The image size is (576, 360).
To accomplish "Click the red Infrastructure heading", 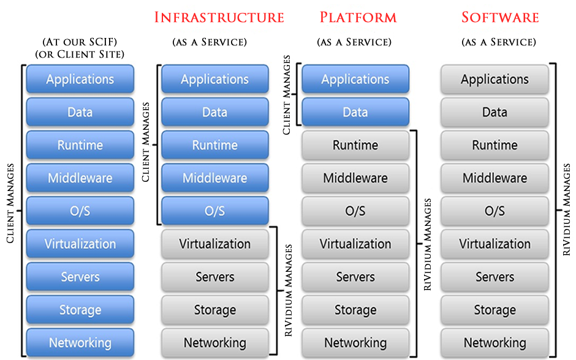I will click(219, 17).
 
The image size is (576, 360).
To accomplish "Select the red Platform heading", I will click(358, 17).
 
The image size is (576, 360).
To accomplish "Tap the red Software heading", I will click(500, 17).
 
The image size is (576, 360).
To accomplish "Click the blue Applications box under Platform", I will click(355, 79).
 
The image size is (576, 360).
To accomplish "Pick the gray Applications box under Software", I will click(495, 79).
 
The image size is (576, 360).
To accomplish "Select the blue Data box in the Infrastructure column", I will click(215, 112).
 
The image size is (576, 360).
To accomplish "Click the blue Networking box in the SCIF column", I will click(80, 342).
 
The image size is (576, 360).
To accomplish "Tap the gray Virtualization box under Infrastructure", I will click(215, 244).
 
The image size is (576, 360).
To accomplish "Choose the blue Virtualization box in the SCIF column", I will click(80, 244).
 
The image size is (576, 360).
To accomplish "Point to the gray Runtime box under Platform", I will click(355, 145).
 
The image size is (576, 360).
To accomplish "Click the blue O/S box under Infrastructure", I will click(215, 211).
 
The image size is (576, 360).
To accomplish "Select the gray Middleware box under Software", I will click(495, 178).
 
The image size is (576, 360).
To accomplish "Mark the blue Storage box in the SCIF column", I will click(80, 310).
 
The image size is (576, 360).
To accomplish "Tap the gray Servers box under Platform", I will click(355, 277).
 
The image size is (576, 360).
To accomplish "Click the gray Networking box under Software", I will click(495, 342).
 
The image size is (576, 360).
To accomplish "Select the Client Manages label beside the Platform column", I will click(287, 95).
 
